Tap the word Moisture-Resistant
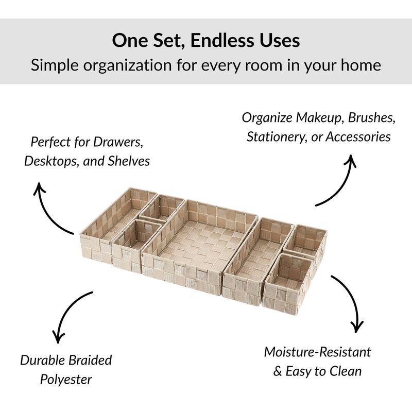(x=317, y=352)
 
